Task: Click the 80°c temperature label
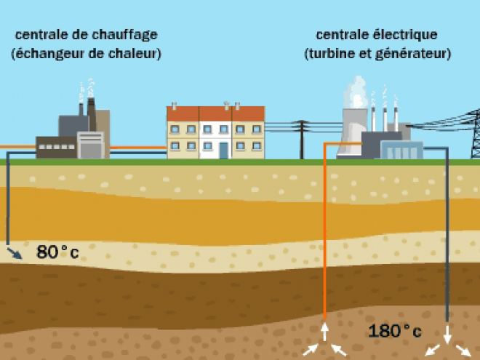[x=57, y=252]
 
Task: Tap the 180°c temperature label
[x=395, y=331]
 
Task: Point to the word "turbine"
[x=332, y=54]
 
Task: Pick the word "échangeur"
[x=50, y=54]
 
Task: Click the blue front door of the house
[x=224, y=151]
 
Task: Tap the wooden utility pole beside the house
[x=302, y=140]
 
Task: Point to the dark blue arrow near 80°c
[x=15, y=254]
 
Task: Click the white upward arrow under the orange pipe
[x=325, y=332]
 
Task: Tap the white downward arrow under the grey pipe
[x=447, y=335]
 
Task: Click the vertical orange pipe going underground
[x=325, y=231]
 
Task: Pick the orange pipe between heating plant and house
[x=138, y=148]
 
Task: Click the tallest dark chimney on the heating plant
[x=91, y=114]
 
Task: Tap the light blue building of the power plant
[x=402, y=150]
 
